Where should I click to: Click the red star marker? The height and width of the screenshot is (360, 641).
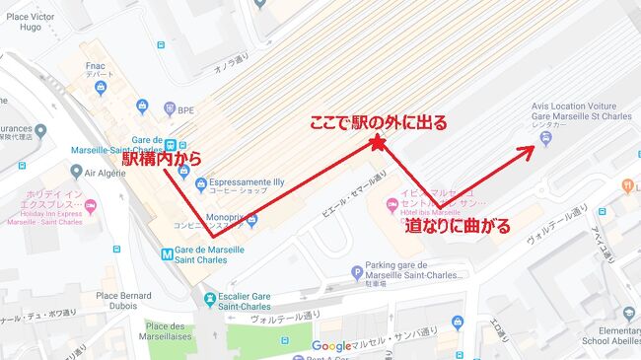pos(378,144)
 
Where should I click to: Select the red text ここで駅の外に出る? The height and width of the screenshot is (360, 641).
pos(378,123)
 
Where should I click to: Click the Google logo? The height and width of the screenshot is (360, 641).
pos(330,346)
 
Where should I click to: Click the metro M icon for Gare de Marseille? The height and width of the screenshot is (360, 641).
pos(167,252)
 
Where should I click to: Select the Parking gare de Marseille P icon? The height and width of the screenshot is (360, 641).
pos(357,272)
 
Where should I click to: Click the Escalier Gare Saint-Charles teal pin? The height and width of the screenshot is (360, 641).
pos(209,299)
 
